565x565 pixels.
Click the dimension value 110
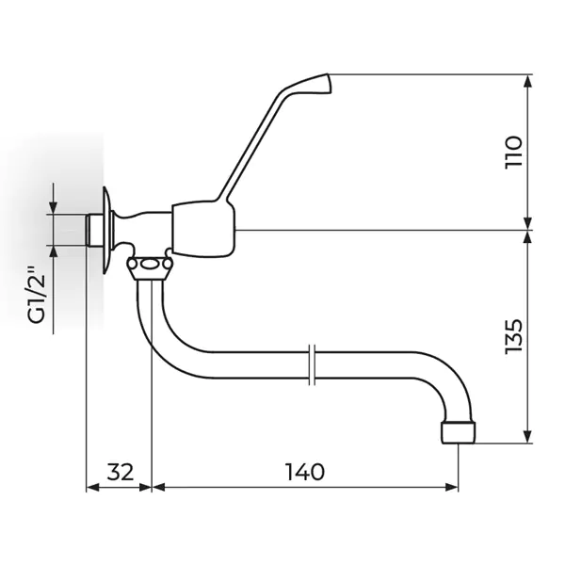[x=514, y=152]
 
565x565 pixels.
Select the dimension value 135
[x=514, y=336]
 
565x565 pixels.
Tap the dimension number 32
[x=121, y=472]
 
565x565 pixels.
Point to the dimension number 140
[x=305, y=472]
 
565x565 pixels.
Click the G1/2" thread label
[x=37, y=295]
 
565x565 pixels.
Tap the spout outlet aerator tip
[x=459, y=433]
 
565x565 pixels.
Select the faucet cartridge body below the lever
[x=203, y=229]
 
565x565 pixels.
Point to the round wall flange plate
[x=106, y=230]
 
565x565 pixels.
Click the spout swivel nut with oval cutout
[x=150, y=267]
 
